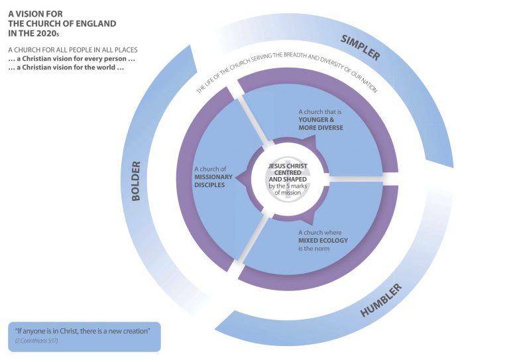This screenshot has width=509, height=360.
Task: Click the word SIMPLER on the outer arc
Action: click(360, 46)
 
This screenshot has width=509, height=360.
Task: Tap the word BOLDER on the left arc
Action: click(137, 181)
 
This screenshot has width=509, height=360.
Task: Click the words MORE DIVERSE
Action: click(321, 127)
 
